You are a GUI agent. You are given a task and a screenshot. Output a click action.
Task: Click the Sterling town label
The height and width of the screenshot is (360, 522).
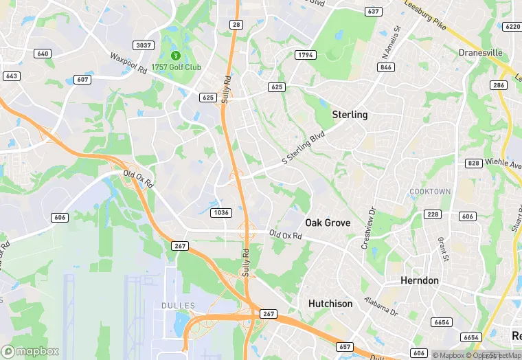pyautogui.click(x=350, y=115)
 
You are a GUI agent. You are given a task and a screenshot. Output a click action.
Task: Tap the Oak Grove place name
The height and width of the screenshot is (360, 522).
pyautogui.click(x=328, y=223)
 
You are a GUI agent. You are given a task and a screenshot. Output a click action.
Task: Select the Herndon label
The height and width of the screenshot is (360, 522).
pyautogui.click(x=420, y=281)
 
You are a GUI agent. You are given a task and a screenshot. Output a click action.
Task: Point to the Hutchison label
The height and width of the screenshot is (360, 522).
pyautogui.click(x=330, y=304)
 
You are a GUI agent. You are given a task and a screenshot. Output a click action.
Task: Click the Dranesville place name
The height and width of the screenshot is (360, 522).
pyautogui.click(x=480, y=53)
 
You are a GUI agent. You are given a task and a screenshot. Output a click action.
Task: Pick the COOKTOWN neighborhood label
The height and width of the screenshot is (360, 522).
pyautogui.click(x=430, y=191)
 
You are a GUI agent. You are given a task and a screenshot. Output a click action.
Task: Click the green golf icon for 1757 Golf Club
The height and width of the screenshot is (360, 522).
pyautogui.click(x=175, y=55)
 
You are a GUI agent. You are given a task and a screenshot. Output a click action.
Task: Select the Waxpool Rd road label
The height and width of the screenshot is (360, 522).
pyautogui.click(x=128, y=63)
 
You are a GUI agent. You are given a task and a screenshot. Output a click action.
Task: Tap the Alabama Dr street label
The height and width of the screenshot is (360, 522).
pyautogui.click(x=381, y=306)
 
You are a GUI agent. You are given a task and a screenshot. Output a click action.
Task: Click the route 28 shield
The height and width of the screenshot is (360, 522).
pyautogui.click(x=236, y=25)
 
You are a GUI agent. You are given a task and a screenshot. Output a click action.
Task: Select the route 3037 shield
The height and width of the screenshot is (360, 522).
pyautogui.click(x=144, y=45)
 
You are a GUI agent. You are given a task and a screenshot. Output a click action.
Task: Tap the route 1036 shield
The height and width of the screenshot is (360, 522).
pyautogui.click(x=220, y=213)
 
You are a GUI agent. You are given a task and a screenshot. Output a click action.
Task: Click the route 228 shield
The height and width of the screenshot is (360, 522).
pyautogui.click(x=432, y=215)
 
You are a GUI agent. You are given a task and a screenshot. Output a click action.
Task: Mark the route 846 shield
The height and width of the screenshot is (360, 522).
pyautogui.click(x=385, y=67)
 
